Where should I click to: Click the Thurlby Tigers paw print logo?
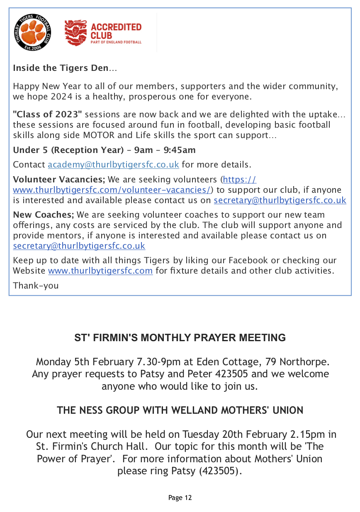coord(32,32)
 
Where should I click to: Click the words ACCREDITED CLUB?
coord(116,31)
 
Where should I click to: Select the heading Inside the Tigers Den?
coord(61,68)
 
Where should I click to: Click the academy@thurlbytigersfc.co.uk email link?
coord(113,165)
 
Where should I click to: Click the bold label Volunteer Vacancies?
coord(59,180)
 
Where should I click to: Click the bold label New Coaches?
coord(43,215)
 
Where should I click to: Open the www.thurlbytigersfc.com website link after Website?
coord(100,271)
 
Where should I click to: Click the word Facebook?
coord(248,261)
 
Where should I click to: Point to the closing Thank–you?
coord(36,286)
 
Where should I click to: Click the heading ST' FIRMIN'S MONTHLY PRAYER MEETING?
coord(180,337)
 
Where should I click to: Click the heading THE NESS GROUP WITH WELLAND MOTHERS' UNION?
coord(180,410)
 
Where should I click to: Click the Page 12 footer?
coord(180,497)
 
